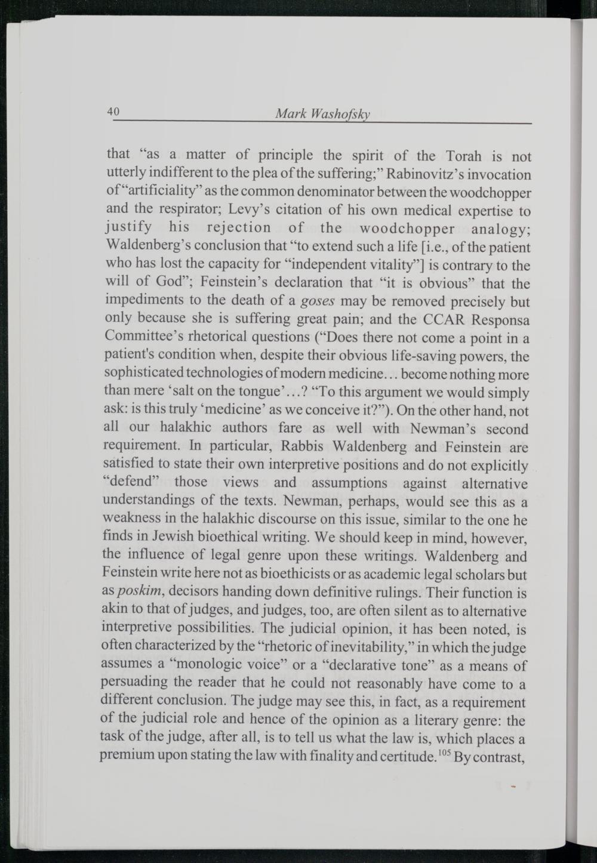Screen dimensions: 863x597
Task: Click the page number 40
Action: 113,112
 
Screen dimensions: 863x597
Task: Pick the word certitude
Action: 406,756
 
